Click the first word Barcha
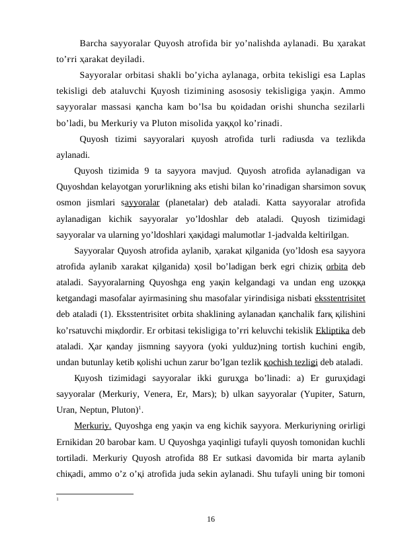coord(93,44)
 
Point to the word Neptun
coord(95,408)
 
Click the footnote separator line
coord(95,493)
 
